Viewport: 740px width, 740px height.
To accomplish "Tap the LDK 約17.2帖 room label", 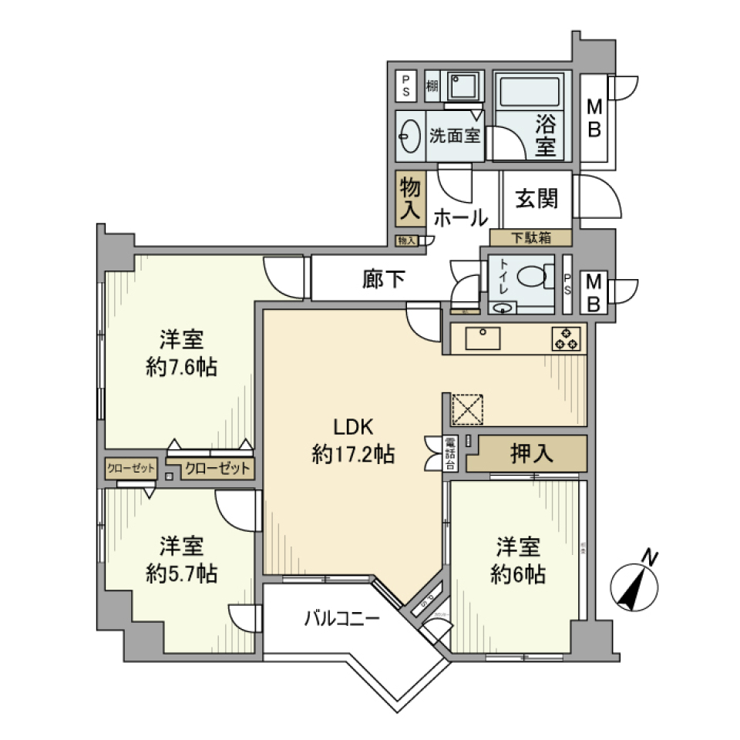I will pyautogui.click(x=353, y=441).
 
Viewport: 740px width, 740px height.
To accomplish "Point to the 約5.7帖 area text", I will pyautogui.click(x=181, y=573).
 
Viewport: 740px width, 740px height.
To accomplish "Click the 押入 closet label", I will pyautogui.click(x=532, y=453).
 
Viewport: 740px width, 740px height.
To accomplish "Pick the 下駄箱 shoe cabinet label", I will pyautogui.click(x=531, y=237).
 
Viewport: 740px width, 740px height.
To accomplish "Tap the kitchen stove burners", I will pyautogui.click(x=566, y=339).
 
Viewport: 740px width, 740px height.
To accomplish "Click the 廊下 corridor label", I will pyautogui.click(x=383, y=279).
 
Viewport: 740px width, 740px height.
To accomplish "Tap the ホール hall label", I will pyautogui.click(x=459, y=218).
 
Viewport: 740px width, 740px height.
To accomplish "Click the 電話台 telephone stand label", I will pyautogui.click(x=450, y=453).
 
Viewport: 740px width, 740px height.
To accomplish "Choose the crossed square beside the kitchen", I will pyautogui.click(x=467, y=409).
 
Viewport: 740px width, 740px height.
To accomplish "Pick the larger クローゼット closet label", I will pyautogui.click(x=217, y=468).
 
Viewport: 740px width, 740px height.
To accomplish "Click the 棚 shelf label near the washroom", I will pyautogui.click(x=432, y=86).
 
